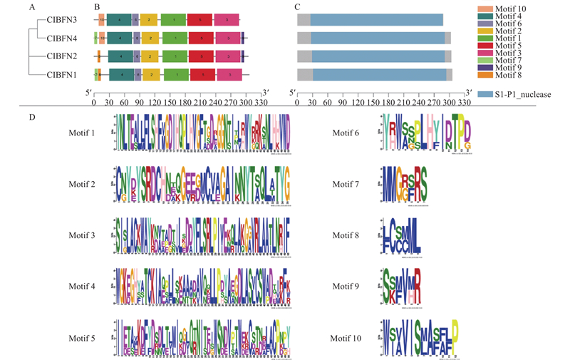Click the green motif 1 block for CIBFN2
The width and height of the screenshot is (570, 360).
point(175,56)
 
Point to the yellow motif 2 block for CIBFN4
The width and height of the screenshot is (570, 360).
point(149,38)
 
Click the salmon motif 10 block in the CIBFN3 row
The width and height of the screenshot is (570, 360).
point(102,20)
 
